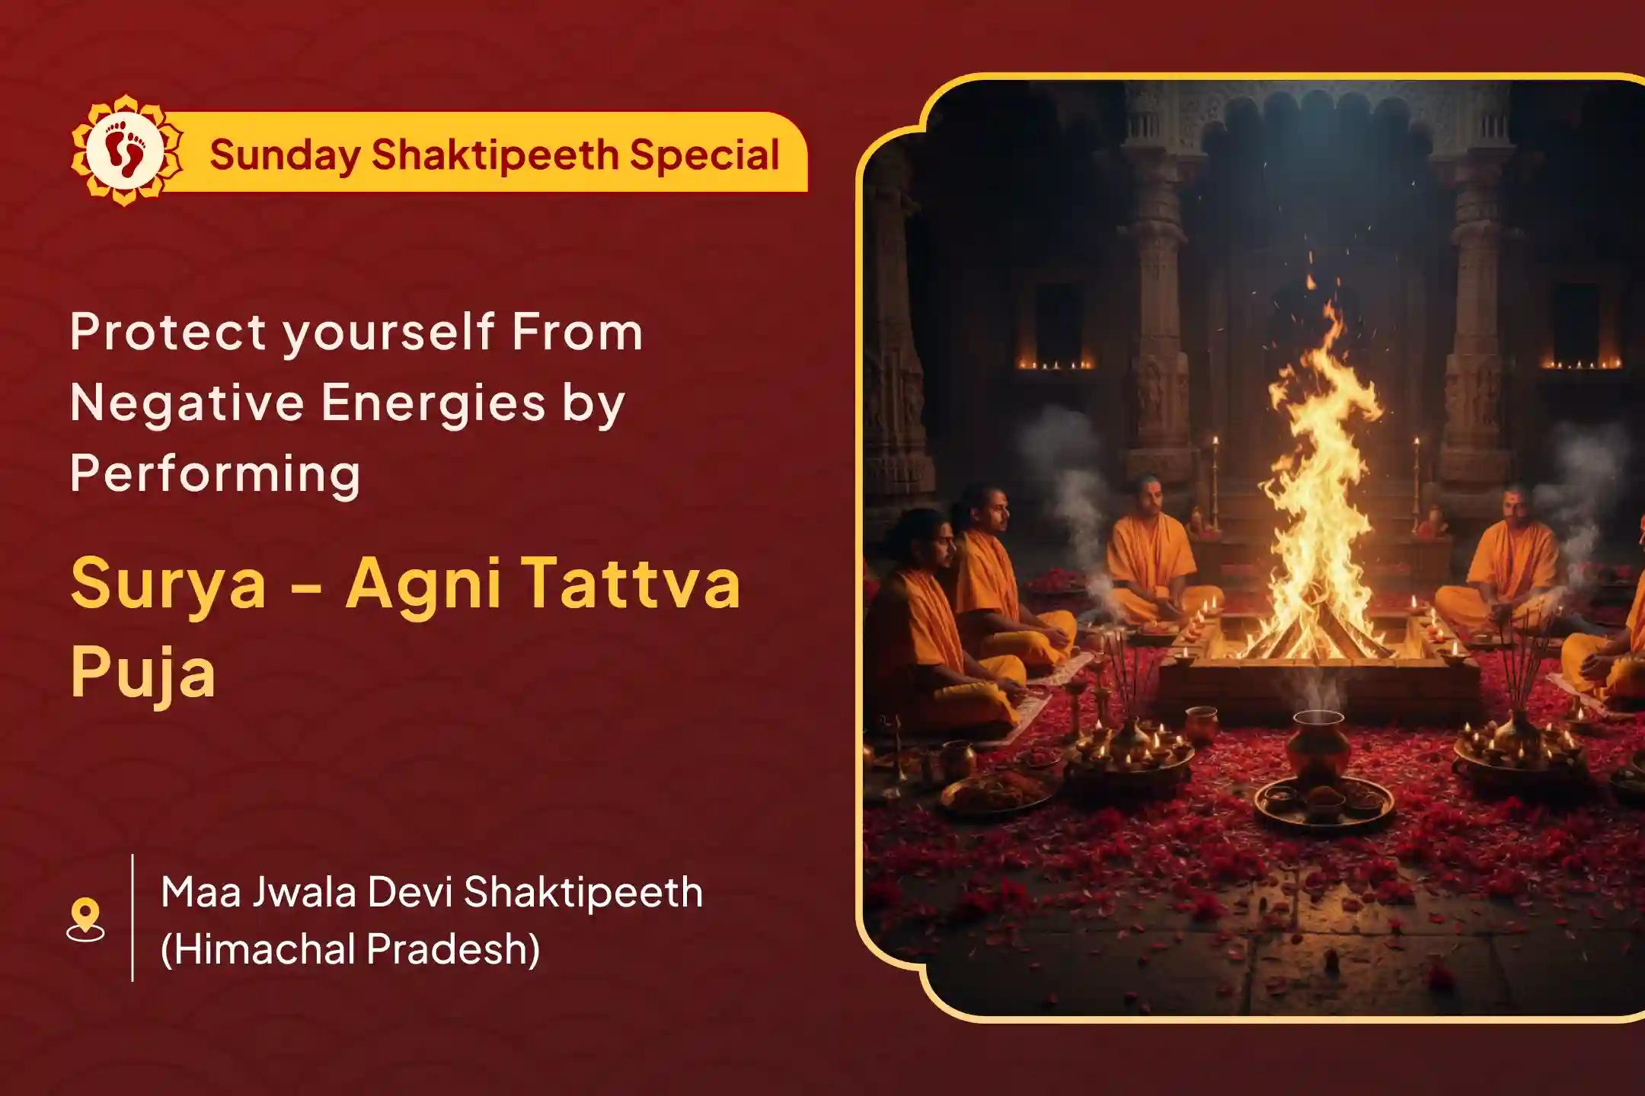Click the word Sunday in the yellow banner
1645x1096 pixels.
[x=283, y=156]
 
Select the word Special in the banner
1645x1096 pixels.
[x=704, y=156]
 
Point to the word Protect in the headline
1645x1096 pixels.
[x=168, y=332]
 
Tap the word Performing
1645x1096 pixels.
[x=215, y=474]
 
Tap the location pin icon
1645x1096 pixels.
[x=85, y=919]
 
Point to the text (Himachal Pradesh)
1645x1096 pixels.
[x=350, y=949]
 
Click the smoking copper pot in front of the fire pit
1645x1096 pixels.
[x=1318, y=742]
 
